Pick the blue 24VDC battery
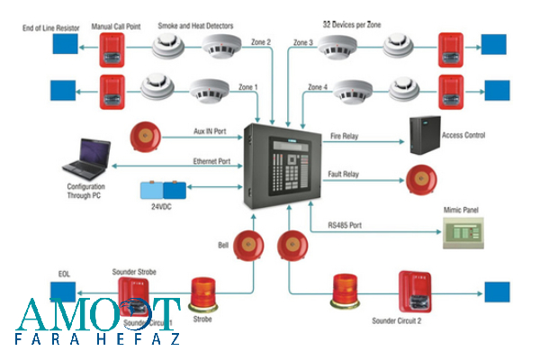[163, 191]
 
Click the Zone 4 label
[318, 87]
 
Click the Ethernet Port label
[212, 161]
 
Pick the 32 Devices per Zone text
[351, 24]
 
